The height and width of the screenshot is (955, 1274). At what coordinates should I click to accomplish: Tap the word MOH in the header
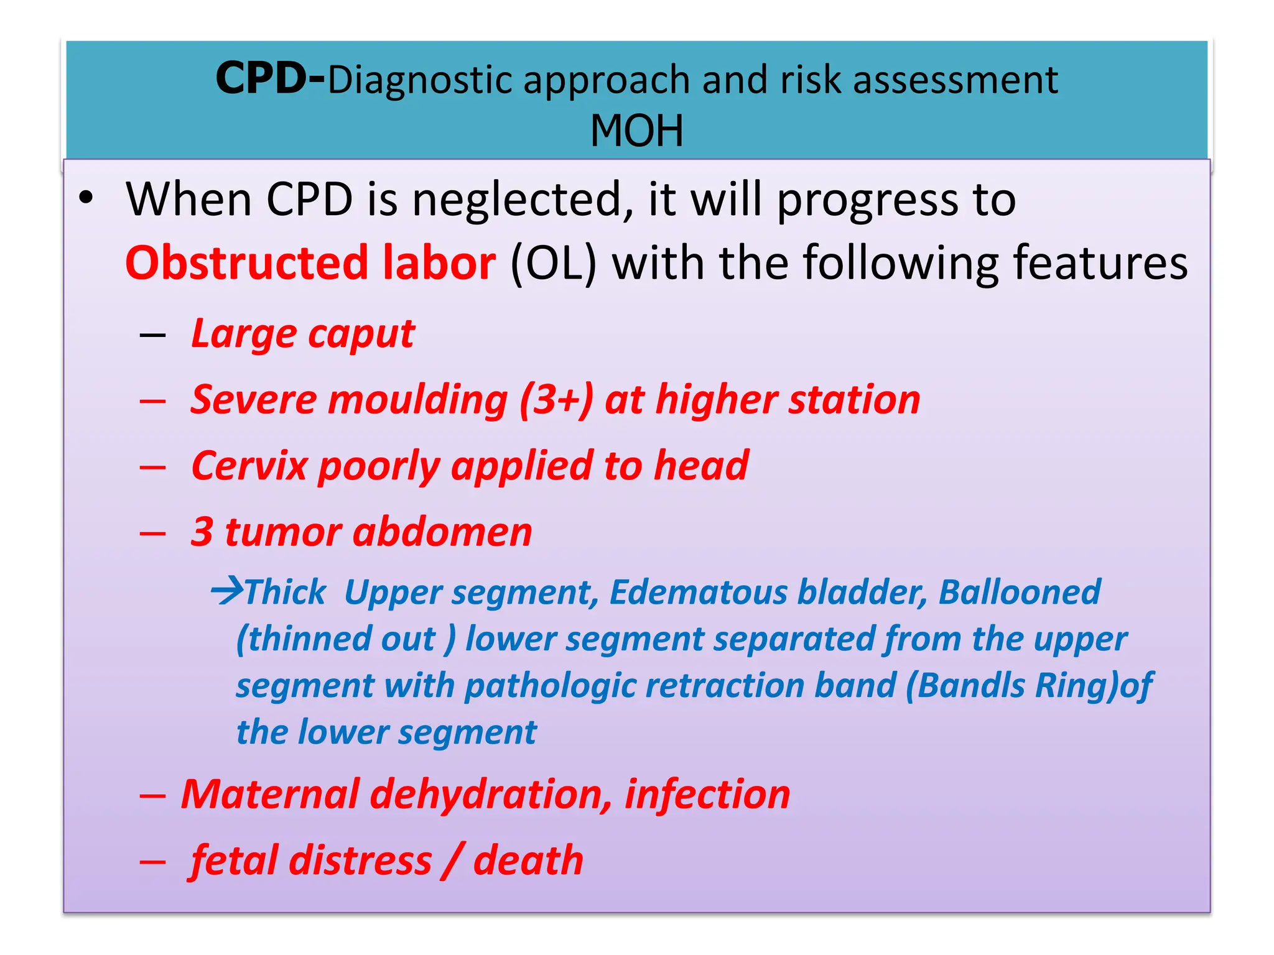tap(636, 131)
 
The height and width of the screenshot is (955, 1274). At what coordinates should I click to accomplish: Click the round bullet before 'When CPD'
tap(86, 198)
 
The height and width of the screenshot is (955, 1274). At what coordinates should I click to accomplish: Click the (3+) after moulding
tap(557, 400)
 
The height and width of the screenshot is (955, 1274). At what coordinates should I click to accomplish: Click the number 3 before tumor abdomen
tap(202, 532)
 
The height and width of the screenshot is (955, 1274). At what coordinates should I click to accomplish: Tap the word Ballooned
tap(1019, 592)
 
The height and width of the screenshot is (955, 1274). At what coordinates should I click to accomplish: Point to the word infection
tap(707, 795)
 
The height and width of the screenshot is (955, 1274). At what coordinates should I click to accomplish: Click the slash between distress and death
tap(452, 860)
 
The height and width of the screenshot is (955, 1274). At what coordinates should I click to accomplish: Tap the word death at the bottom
tap(528, 860)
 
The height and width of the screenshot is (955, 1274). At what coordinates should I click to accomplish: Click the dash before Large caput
tap(153, 336)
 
